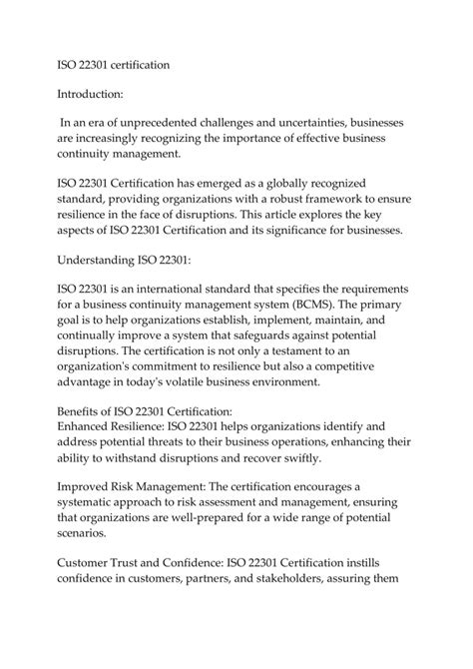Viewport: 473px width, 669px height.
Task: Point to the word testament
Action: click(374, 351)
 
